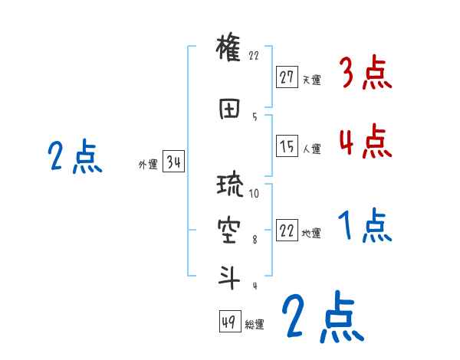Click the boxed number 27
pyautogui.click(x=287, y=77)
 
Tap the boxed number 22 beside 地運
pyautogui.click(x=287, y=231)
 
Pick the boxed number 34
pyautogui.click(x=173, y=162)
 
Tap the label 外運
pyautogui.click(x=148, y=164)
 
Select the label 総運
pyautogui.click(x=255, y=325)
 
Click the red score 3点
pyautogui.click(x=364, y=74)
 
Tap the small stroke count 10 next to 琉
pyautogui.click(x=255, y=194)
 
